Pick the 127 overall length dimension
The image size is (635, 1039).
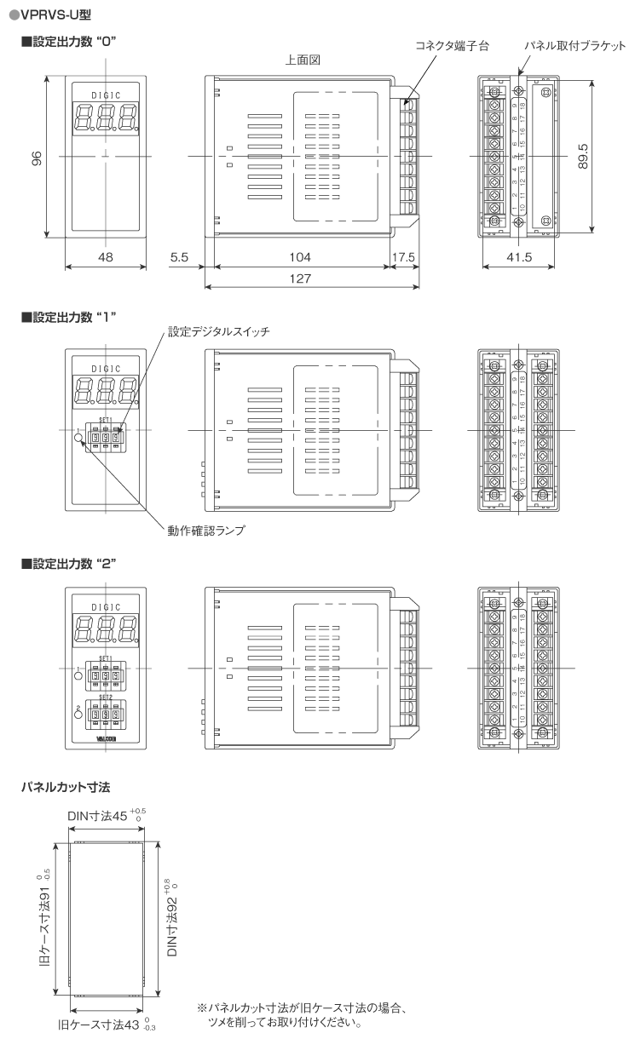click(300, 278)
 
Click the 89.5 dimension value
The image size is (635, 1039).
click(583, 158)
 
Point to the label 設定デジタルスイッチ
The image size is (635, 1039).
click(218, 331)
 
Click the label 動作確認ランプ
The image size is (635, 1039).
click(206, 530)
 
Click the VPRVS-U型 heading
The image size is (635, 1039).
click(50, 14)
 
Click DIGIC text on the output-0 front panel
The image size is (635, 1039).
click(106, 95)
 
